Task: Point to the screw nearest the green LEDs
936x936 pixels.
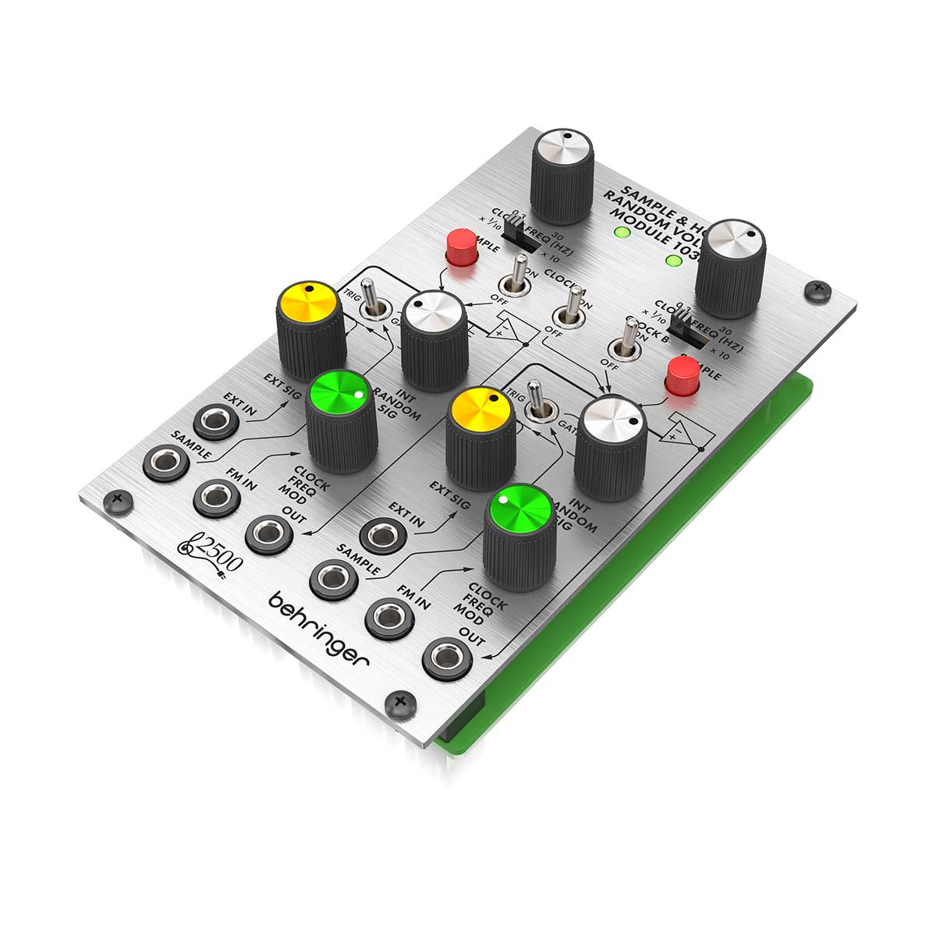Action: pos(817,289)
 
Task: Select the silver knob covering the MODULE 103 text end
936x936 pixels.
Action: pos(729,267)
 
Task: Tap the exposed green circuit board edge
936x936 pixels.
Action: pos(624,640)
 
